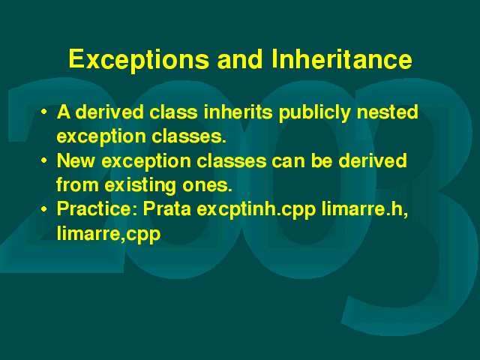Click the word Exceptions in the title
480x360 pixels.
tap(139, 60)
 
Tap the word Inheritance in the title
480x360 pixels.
tap(342, 58)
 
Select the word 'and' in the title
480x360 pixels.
tap(240, 58)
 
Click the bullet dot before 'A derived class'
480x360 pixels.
tap(44, 112)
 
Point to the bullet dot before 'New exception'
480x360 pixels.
tap(44, 160)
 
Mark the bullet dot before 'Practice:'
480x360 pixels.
tap(44, 209)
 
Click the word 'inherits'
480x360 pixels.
tap(238, 112)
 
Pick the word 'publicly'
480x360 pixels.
tap(314, 112)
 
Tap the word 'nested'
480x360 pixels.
tap(387, 112)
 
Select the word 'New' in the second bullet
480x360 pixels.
tap(76, 160)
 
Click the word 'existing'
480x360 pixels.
tap(140, 186)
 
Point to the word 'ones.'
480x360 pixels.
tap(207, 186)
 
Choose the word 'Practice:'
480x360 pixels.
tap(97, 208)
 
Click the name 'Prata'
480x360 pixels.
tap(167, 208)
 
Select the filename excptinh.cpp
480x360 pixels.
tap(256, 210)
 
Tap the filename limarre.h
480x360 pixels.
tap(365, 208)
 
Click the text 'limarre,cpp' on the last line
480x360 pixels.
tap(109, 234)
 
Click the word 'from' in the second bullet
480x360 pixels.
tap(77, 184)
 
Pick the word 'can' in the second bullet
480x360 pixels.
tap(288, 161)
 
